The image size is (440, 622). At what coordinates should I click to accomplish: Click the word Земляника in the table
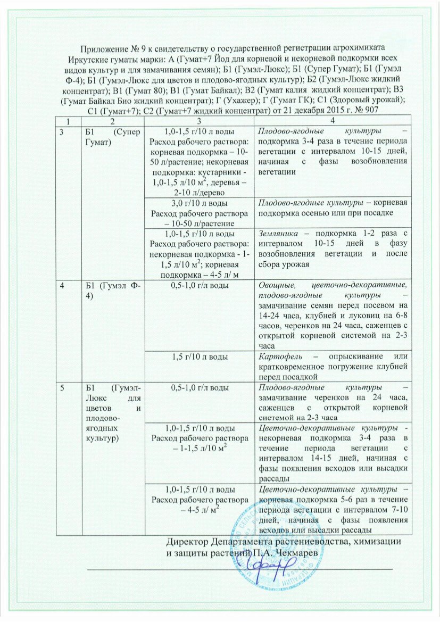(x=278, y=234)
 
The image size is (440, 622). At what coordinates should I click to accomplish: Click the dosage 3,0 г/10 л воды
(x=200, y=204)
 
